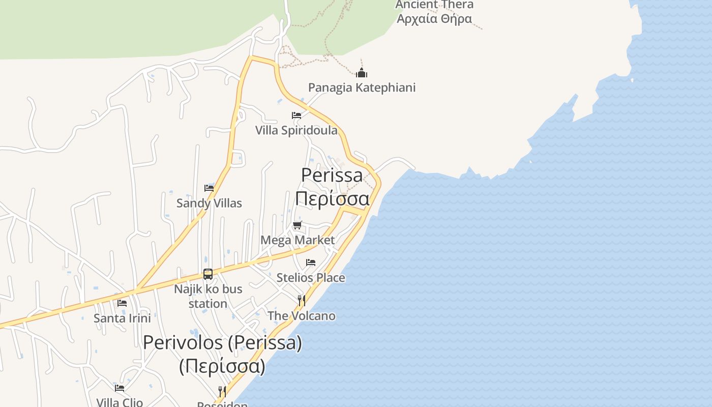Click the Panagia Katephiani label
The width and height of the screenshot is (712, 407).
click(362, 88)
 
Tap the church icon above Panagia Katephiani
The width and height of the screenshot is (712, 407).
click(362, 73)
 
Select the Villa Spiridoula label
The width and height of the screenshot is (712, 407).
click(296, 130)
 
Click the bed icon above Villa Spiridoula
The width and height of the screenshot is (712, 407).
click(296, 115)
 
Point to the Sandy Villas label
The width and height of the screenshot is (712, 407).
click(209, 203)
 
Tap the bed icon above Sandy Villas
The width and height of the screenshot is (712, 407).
click(209, 188)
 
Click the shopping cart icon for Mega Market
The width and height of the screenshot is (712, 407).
click(298, 225)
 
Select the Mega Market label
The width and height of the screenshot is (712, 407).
click(298, 240)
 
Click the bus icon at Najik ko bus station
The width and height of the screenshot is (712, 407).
click(208, 274)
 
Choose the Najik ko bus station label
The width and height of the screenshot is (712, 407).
click(208, 296)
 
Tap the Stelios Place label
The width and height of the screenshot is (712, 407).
click(311, 278)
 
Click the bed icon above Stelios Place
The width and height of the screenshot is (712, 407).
click(311, 263)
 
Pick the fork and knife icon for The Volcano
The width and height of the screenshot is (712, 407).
click(302, 301)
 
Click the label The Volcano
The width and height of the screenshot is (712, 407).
click(302, 316)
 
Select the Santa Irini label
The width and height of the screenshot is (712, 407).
click(122, 318)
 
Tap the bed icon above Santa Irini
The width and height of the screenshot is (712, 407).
click(122, 303)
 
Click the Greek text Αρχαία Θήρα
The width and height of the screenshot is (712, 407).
click(434, 19)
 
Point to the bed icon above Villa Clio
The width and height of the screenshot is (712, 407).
click(120, 388)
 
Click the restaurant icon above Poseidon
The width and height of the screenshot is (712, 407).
click(222, 391)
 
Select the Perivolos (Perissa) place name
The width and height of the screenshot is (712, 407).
click(222, 343)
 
